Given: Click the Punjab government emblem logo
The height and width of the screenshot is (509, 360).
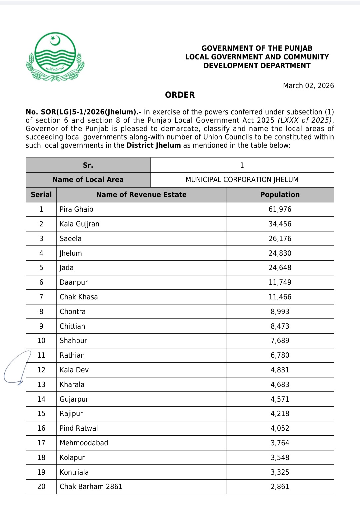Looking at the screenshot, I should tap(55, 57).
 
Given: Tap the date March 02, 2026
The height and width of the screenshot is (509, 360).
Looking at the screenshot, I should tap(308, 86).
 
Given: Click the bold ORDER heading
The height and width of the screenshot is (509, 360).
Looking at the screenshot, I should tap(180, 95).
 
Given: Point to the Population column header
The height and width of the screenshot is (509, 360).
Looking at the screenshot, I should tap(280, 195).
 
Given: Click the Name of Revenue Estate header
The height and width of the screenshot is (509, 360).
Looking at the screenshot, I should tap(141, 195).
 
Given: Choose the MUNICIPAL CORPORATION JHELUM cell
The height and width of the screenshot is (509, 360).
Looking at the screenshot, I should tap(242, 180).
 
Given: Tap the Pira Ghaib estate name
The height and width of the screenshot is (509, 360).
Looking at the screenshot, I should tap(76, 209).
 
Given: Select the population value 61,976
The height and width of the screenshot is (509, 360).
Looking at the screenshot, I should tap(280, 209).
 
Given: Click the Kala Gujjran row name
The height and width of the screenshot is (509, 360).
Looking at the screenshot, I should tap(79, 224).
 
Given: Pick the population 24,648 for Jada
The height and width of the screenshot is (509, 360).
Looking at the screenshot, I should tap(280, 268).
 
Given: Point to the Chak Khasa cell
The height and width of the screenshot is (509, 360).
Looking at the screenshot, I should tap(79, 297).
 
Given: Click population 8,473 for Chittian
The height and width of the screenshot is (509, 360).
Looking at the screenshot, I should tap(280, 326).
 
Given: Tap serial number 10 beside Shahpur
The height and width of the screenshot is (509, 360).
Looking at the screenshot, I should tap(41, 341).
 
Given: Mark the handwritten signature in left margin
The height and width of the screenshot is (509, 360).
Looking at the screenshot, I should tap(17, 368).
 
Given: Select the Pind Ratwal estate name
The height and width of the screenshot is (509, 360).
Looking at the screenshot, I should tap(79, 428).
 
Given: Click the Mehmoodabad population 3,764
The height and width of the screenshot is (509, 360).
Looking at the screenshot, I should tap(280, 443).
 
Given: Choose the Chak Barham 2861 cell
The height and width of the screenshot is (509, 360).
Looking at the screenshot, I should tap(91, 487).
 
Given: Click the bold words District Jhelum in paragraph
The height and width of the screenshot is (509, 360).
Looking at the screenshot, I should tap(154, 145).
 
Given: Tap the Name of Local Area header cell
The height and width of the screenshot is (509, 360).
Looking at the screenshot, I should tap(88, 180).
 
